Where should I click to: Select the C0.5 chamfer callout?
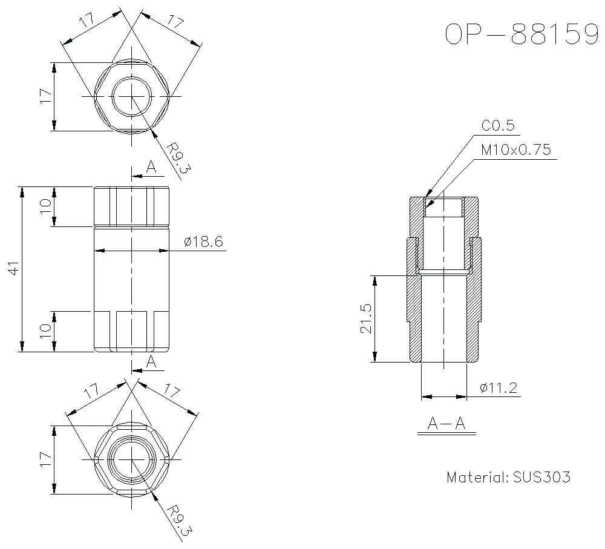click(x=497, y=125)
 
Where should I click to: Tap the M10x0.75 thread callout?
click(x=516, y=150)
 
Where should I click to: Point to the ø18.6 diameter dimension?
click(x=204, y=242)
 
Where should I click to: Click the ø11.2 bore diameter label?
click(x=499, y=388)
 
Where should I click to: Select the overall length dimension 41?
click(x=13, y=269)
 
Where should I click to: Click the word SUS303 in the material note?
click(x=541, y=477)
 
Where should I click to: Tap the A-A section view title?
click(x=446, y=424)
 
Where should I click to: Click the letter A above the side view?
click(x=151, y=167)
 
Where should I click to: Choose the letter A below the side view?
click(x=151, y=362)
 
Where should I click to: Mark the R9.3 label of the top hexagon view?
click(x=178, y=158)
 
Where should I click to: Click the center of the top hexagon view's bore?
click(x=132, y=97)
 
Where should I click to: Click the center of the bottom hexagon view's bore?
click(x=132, y=461)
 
